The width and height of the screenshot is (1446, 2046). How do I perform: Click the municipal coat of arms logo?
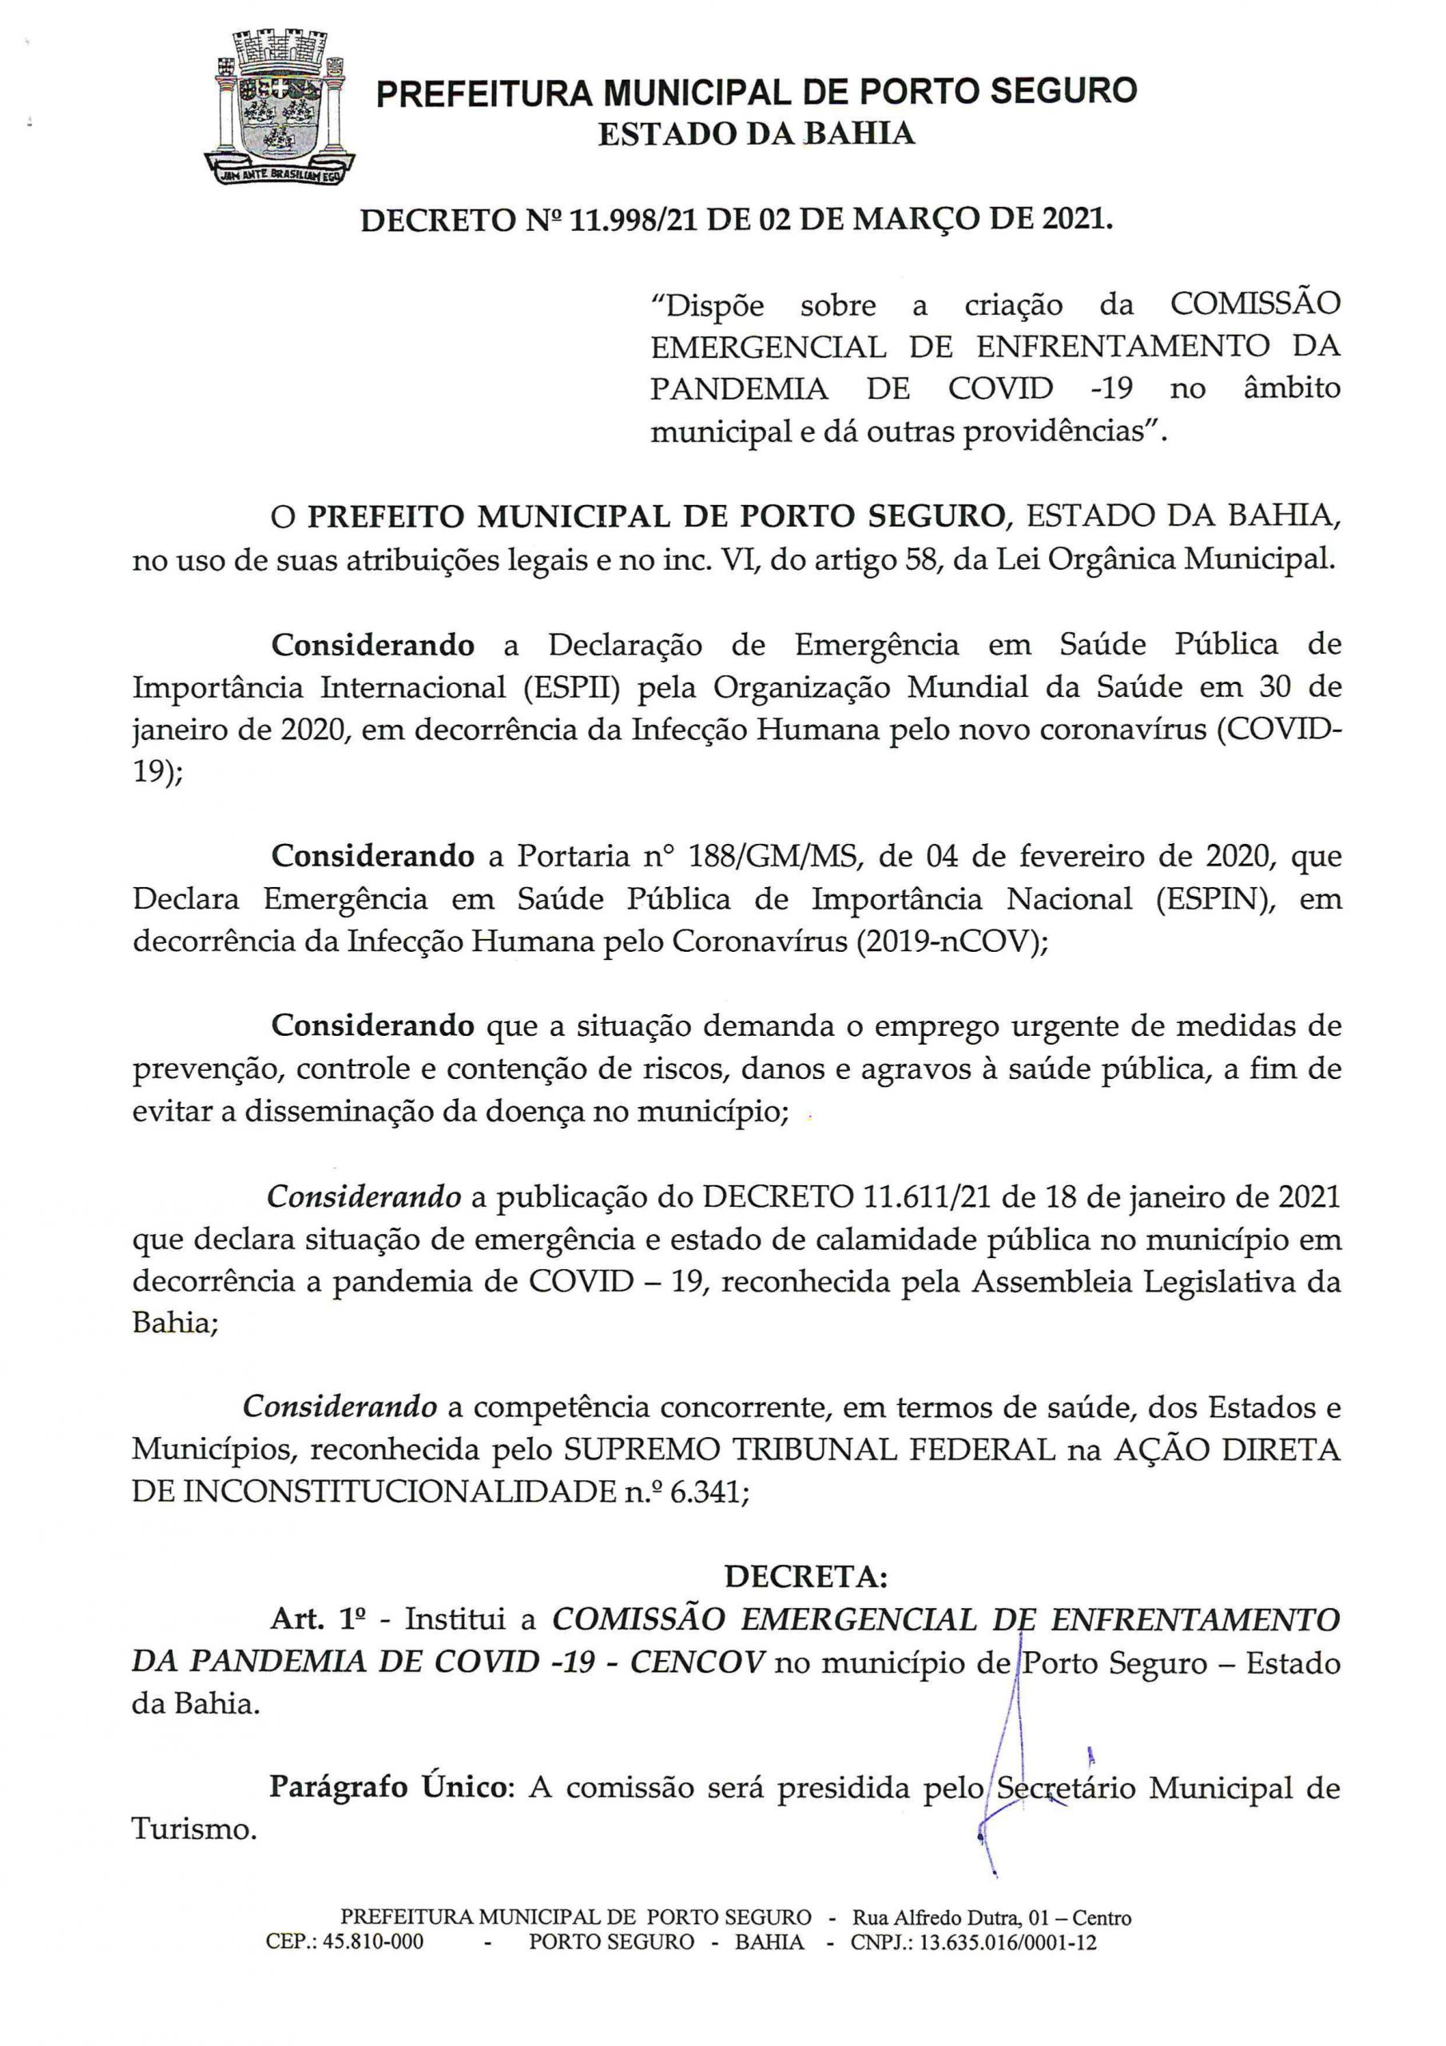(x=280, y=108)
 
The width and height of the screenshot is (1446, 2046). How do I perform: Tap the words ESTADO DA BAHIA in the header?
(x=756, y=134)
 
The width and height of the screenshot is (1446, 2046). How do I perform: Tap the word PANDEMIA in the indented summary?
(x=741, y=389)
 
